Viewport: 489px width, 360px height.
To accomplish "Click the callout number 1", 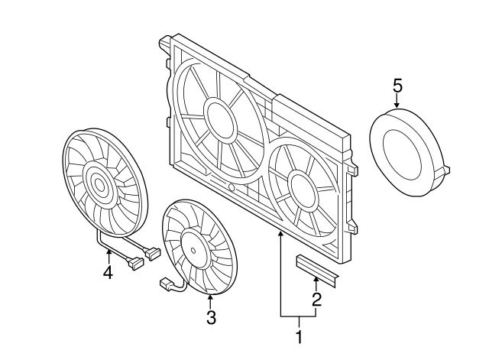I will [x=300, y=336].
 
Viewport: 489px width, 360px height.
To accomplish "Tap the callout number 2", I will [x=316, y=300].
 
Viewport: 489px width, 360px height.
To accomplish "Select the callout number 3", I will [x=211, y=316].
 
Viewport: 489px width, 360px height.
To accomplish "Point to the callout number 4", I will [x=108, y=271].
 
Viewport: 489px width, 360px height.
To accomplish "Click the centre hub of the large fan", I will [x=98, y=184].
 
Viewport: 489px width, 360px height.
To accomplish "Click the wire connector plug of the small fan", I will [x=164, y=284].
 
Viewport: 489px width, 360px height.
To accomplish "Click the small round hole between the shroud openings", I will [x=231, y=186].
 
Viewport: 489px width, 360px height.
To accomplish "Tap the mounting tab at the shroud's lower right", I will [x=352, y=226].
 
